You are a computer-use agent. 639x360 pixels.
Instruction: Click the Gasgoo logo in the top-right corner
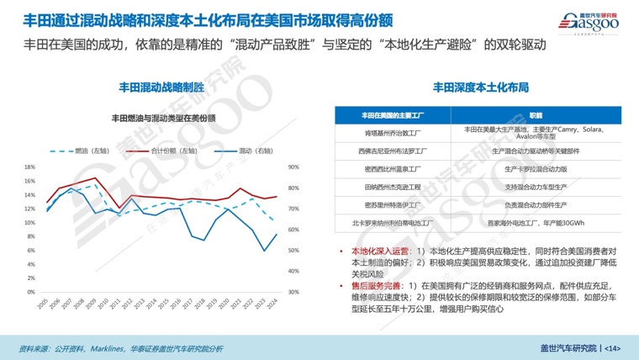[588, 24]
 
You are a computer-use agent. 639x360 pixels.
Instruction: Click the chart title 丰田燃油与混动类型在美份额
[160, 118]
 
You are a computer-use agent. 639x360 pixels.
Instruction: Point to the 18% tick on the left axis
[29, 167]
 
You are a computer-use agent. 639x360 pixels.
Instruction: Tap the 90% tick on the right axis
[293, 167]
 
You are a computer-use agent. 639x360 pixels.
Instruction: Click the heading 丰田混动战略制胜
[159, 85]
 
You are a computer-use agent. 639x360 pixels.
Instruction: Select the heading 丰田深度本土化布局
[480, 85]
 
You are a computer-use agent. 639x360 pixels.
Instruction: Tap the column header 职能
[536, 114]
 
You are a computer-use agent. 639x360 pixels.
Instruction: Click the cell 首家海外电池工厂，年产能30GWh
[536, 223]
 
